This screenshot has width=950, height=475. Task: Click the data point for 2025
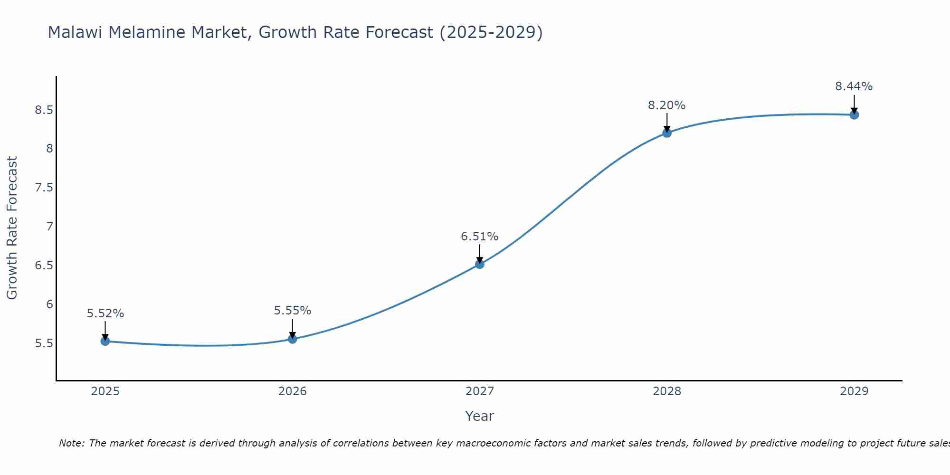tap(105, 341)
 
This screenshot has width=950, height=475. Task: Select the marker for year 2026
tap(293, 339)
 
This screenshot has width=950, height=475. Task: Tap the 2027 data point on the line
tap(480, 264)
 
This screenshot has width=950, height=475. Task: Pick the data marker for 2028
tap(667, 133)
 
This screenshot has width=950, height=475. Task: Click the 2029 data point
tap(854, 114)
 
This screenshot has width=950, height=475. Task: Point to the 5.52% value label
tap(105, 313)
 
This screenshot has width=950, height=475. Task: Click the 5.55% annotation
tap(293, 311)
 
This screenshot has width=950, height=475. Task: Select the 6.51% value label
tap(480, 237)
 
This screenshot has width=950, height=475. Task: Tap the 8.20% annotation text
tap(667, 105)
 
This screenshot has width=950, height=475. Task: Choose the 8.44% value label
tap(854, 86)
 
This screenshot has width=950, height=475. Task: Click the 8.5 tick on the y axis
tap(44, 110)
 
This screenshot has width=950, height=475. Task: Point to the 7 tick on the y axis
tap(49, 227)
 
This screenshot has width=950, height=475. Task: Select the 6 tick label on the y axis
tap(49, 304)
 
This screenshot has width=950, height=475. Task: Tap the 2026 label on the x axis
tap(293, 391)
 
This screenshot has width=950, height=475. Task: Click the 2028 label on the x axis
tap(667, 391)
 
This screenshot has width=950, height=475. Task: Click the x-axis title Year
tap(480, 416)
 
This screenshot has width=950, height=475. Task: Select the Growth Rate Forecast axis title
tap(12, 228)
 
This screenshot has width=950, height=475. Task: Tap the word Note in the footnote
tap(71, 443)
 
